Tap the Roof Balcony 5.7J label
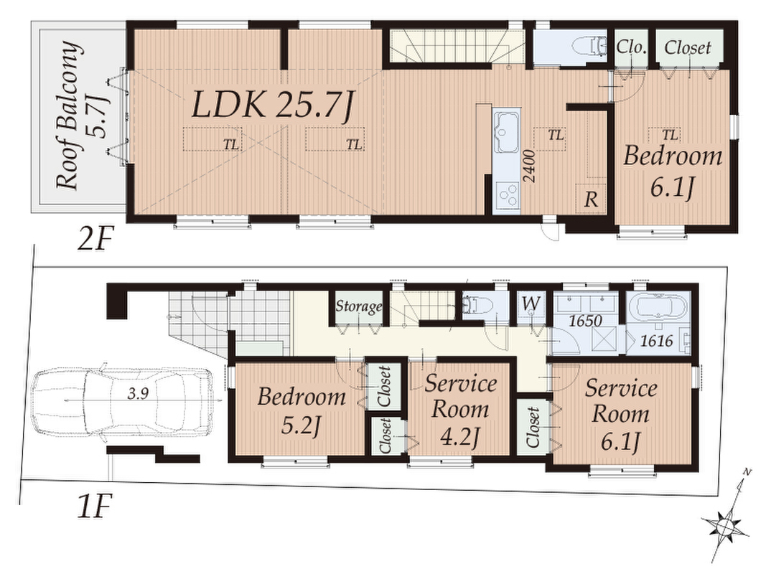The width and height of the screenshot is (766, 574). click(81, 116)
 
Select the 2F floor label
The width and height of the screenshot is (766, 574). click(95, 240)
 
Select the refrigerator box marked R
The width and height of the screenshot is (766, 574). click(591, 198)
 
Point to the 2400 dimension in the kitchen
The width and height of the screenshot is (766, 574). click(531, 166)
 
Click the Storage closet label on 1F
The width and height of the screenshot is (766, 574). click(358, 306)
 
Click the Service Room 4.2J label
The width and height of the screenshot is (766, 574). click(460, 410)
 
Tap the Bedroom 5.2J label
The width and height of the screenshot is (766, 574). click(302, 409)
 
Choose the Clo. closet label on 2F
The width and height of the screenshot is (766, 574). click(631, 47)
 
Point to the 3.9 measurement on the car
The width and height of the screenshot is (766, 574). click(138, 394)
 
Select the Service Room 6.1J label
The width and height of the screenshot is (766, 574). click(620, 415)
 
